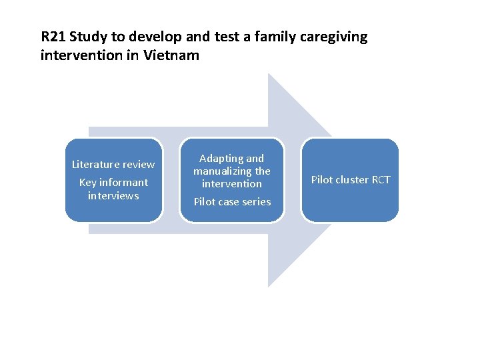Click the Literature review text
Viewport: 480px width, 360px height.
pyautogui.click(x=113, y=164)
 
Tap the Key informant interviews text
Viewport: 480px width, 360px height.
pyautogui.click(x=113, y=189)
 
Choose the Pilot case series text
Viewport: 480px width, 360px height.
pyautogui.click(x=232, y=201)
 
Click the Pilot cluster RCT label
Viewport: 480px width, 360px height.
pyautogui.click(x=351, y=180)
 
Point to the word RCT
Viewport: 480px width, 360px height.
pyautogui.click(x=379, y=180)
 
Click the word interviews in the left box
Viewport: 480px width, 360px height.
pyautogui.click(x=113, y=195)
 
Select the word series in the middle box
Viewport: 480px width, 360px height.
pyautogui.click(x=256, y=201)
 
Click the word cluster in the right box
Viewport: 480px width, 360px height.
pyautogui.click(x=351, y=180)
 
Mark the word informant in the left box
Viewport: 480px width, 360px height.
pyautogui.click(x=124, y=182)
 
